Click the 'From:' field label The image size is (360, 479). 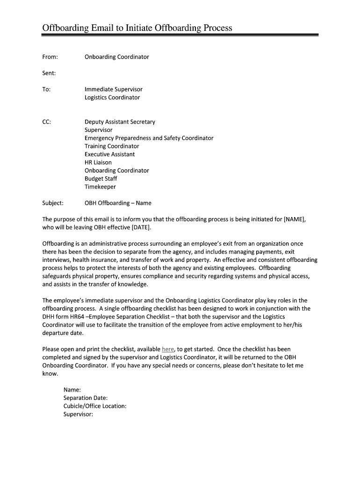(50, 57)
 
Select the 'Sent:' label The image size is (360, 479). (49, 73)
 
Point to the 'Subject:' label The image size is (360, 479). (53, 203)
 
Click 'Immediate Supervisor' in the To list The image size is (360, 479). (114, 89)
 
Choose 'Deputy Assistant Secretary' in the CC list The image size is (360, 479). (120, 122)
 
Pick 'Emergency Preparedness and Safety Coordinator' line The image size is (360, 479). (149, 138)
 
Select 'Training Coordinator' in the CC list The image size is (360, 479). (112, 146)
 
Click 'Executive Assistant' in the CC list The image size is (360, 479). (109, 154)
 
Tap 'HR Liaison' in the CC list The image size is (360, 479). (98, 162)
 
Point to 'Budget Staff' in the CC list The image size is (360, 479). (101, 179)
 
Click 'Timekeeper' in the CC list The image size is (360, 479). (100, 187)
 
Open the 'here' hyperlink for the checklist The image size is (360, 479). (168, 349)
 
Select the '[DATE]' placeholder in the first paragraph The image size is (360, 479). (141, 228)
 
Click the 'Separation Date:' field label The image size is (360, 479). (86, 398)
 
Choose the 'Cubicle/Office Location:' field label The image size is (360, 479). (95, 406)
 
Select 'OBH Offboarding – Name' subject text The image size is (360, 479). (118, 203)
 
